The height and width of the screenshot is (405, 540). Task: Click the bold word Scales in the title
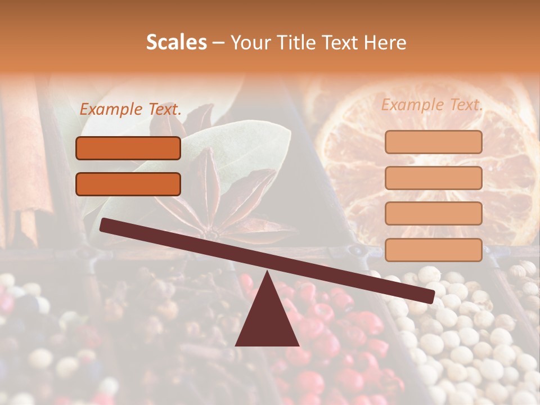(x=176, y=43)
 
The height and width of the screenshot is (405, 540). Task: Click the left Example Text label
(x=130, y=110)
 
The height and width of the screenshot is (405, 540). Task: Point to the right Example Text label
(x=432, y=105)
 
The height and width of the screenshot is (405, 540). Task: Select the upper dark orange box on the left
(x=128, y=148)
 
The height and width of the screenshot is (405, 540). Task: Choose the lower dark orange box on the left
(x=128, y=184)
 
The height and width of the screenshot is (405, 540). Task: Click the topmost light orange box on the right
(x=433, y=142)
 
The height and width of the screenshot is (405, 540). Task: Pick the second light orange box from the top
(x=433, y=178)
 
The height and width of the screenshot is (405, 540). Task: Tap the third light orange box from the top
(x=433, y=213)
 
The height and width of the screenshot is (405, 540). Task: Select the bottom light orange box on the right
(x=433, y=250)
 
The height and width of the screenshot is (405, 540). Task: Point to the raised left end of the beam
(x=107, y=225)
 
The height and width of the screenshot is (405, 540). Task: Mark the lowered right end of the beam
(x=427, y=295)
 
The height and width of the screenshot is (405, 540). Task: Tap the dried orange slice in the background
(x=427, y=169)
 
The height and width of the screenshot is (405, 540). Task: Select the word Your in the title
(x=250, y=43)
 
